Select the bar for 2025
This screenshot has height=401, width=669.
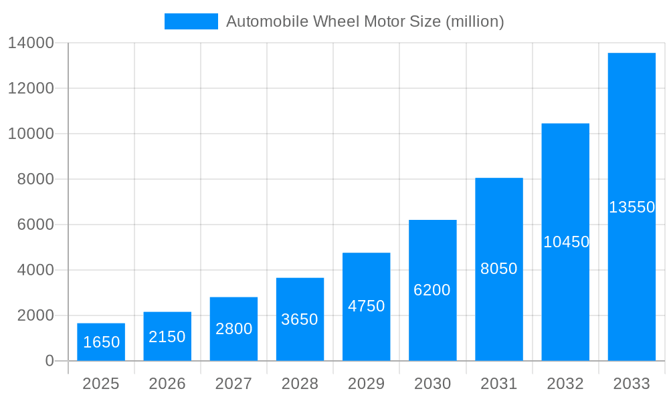tap(101, 342)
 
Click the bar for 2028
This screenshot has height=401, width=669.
tap(300, 319)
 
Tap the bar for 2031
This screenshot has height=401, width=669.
tap(499, 269)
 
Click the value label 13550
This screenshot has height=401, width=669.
tap(632, 207)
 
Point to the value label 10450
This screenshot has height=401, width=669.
tap(566, 242)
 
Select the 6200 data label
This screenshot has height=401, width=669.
tap(432, 290)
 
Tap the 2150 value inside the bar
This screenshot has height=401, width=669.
tap(167, 337)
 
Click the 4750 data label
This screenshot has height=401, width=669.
tap(367, 306)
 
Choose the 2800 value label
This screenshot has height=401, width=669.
tap(234, 329)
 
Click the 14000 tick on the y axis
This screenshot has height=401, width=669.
tap(31, 43)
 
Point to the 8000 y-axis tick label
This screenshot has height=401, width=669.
tap(35, 179)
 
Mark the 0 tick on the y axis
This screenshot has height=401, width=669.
tap(50, 361)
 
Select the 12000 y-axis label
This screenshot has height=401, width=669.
tap(31, 88)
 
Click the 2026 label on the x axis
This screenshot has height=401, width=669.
tap(167, 384)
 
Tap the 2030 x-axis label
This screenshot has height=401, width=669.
tap(433, 384)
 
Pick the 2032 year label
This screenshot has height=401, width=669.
tap(565, 384)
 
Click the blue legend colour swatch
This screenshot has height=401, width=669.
tap(191, 21)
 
